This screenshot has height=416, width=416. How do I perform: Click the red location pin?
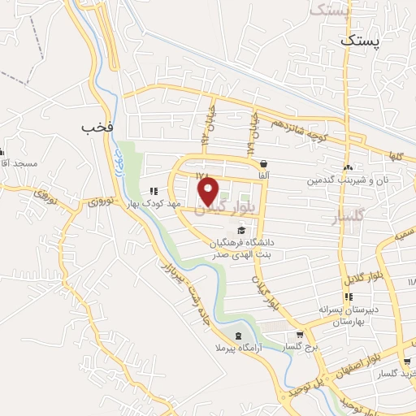pyautogui.click(x=209, y=192)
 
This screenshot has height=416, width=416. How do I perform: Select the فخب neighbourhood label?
pyautogui.click(x=97, y=128)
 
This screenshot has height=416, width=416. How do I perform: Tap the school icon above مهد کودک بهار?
pyautogui.click(x=154, y=191)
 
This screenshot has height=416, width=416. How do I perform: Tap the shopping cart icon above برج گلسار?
pyautogui.click(x=300, y=335)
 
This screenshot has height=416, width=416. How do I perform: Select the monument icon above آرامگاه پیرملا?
pyautogui.click(x=237, y=336)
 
